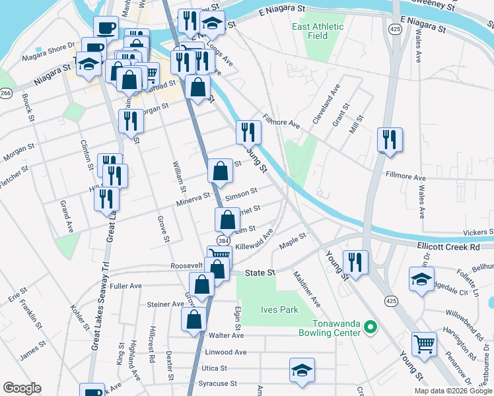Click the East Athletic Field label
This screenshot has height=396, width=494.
coord(318,31)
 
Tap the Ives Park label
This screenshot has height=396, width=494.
coord(281,310)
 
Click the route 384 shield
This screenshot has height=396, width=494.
coord(223,242)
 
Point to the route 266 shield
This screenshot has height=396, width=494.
coord(6,94)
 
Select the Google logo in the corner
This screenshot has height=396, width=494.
coord(22,388)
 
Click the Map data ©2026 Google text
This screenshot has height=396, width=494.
coord(453,391)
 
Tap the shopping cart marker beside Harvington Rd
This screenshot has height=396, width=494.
coord(424,343)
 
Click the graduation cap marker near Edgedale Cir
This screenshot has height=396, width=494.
coord(421,278)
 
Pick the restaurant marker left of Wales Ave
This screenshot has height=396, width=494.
coord(390,139)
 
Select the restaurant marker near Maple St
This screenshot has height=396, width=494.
coord(355,261)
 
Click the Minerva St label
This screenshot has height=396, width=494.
coord(193,196)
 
